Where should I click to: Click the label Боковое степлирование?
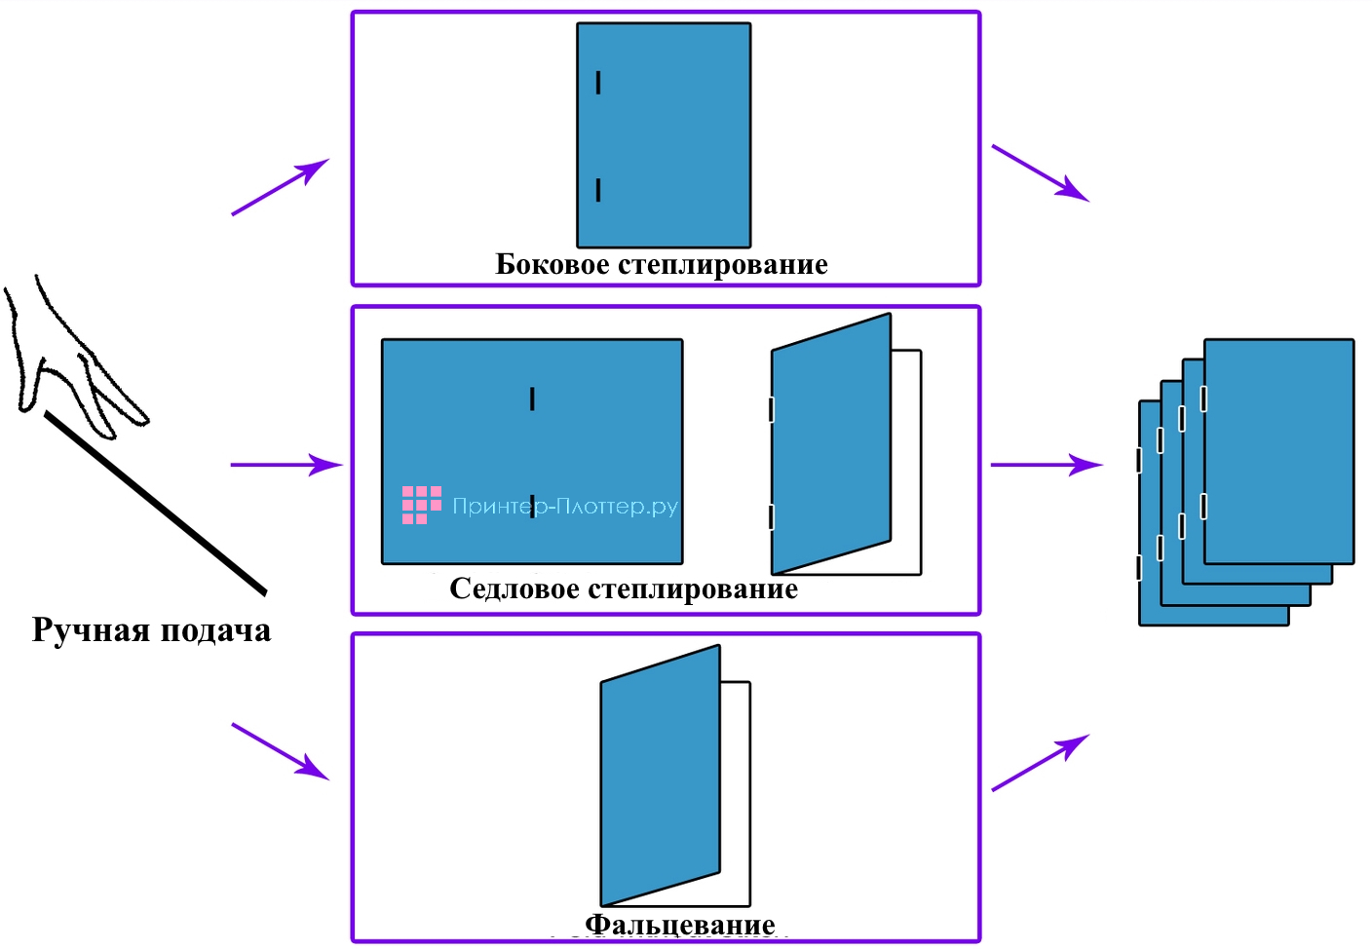[662, 265]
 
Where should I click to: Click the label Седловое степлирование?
[624, 589]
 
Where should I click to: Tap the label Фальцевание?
[680, 924]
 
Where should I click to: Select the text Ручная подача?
[151, 630]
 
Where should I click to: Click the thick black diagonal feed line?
[156, 504]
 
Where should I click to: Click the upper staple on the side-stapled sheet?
[598, 83]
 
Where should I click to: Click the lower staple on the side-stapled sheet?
[598, 190]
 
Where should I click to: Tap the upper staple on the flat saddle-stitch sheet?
[532, 399]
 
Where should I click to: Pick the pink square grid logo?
[421, 505]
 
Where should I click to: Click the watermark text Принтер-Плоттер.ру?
[565, 506]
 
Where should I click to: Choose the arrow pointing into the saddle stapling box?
[286, 465]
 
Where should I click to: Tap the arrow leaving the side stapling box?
[1040, 172]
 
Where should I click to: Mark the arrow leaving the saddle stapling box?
[1047, 465]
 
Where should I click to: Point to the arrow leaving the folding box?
[1040, 762]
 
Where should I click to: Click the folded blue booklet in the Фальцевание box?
[661, 775]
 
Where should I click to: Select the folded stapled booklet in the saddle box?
[831, 443]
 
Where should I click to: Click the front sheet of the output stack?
[1279, 450]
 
